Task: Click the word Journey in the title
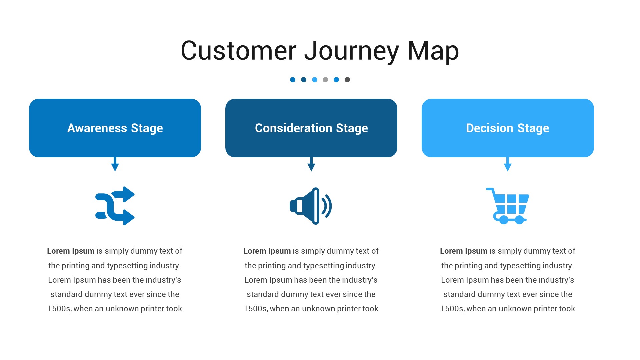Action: pos(351,51)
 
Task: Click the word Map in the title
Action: pos(433,51)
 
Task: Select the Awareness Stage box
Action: pos(115,128)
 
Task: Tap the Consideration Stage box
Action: pos(311,128)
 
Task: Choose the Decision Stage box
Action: pos(508,128)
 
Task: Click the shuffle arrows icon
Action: pos(115,206)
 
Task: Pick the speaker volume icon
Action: pos(311,206)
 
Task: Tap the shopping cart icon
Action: pos(508,206)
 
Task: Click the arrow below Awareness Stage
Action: pos(115,165)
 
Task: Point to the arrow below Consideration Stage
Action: pos(311,165)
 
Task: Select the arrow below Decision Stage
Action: pos(508,165)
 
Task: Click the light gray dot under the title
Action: pos(325,80)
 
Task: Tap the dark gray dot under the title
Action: pos(347,80)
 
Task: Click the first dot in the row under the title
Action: pos(293,80)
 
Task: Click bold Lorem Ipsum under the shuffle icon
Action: pos(71,251)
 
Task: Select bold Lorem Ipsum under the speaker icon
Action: pos(267,251)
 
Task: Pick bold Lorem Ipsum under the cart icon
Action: pos(464,251)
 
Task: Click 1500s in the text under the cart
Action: pos(452,309)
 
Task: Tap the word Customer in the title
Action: pos(238,51)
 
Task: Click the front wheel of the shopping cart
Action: pos(519,220)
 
